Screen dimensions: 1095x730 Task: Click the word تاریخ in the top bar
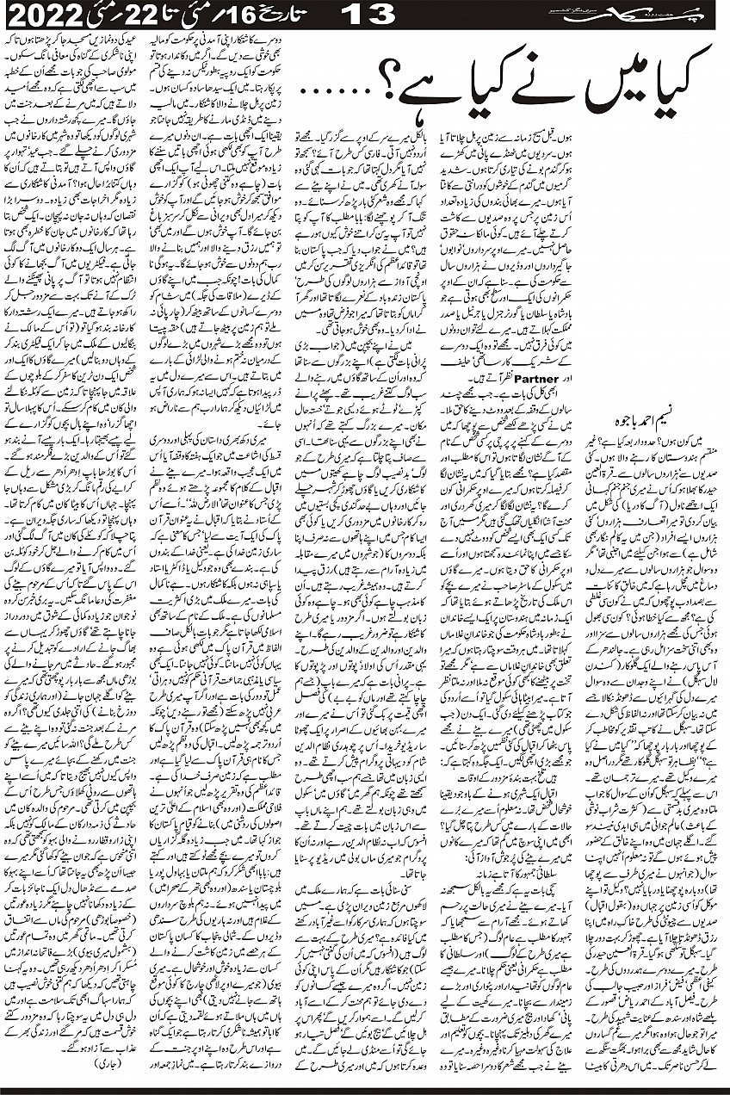[x=284, y=14]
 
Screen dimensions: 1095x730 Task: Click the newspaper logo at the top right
[x=611, y=14]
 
